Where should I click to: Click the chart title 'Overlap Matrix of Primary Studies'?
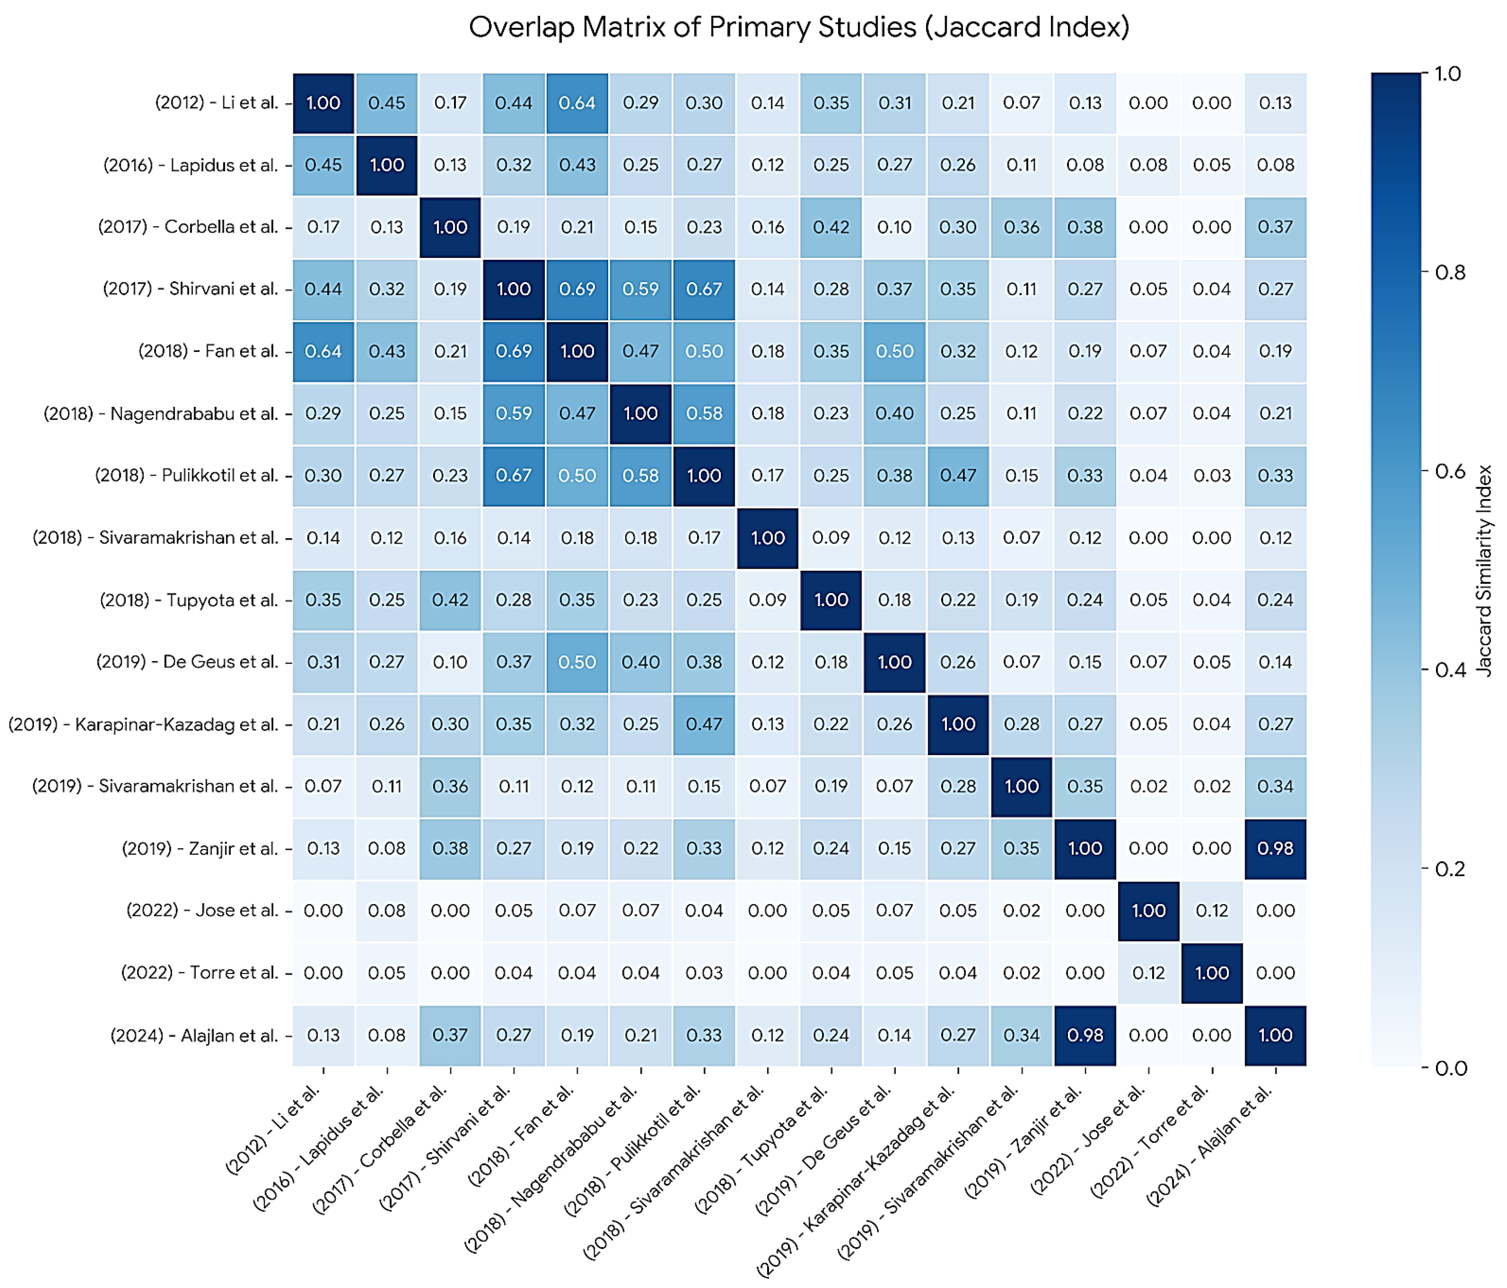799,28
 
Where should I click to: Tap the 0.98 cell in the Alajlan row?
1085,1035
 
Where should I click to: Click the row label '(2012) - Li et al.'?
217,102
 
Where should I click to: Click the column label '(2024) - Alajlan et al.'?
1211,1143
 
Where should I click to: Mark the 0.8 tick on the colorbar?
1448,272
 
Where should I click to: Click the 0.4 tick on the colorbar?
1448,670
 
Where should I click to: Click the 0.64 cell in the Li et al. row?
577,102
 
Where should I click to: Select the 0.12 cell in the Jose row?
1212,911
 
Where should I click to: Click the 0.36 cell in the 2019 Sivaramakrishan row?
450,786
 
